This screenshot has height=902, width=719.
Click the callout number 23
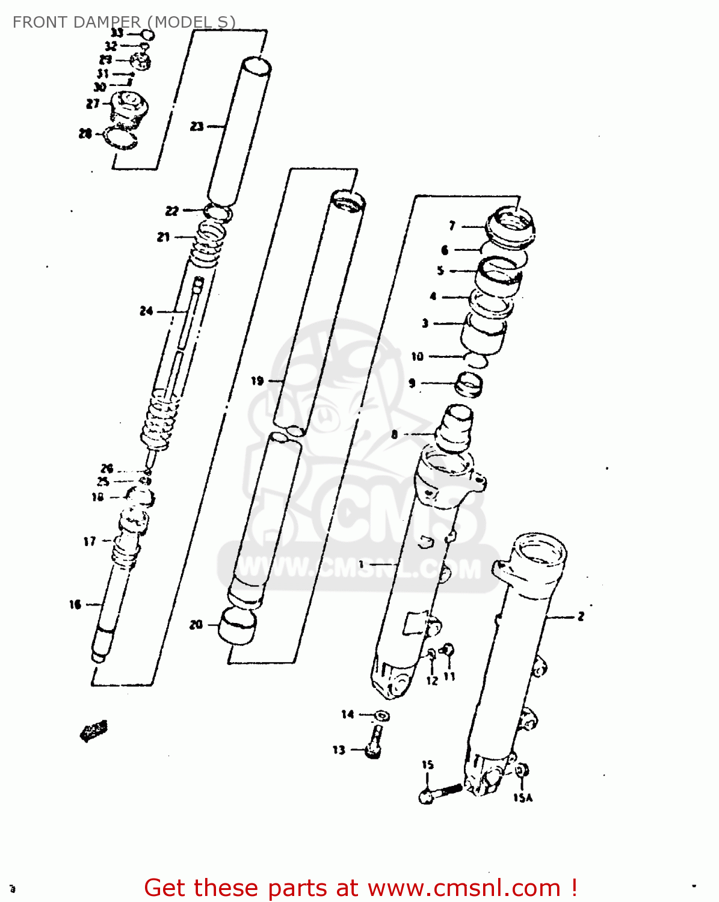click(197, 126)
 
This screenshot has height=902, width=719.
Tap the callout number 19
click(257, 381)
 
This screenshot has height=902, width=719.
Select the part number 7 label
click(452, 226)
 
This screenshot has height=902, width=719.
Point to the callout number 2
click(581, 616)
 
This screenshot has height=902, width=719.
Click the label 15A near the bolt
click(523, 798)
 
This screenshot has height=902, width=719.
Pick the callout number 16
click(75, 604)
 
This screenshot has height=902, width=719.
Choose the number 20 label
click(196, 625)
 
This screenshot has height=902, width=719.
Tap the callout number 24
click(146, 311)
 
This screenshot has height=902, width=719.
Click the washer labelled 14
click(381, 716)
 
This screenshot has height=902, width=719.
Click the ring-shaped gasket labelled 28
click(121, 139)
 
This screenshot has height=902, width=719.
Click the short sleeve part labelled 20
click(236, 625)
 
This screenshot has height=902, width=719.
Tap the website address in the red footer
click(464, 888)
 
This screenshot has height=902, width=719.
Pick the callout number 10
click(417, 357)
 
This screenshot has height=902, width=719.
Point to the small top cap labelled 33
click(147, 35)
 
